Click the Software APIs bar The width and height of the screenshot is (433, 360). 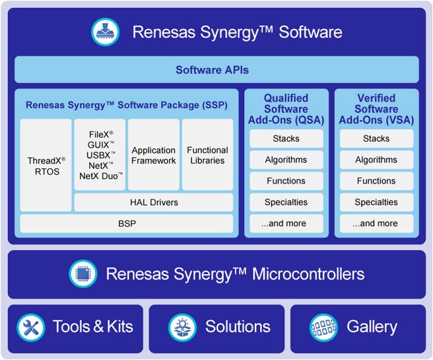click(x=216, y=69)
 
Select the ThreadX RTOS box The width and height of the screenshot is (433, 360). click(x=46, y=165)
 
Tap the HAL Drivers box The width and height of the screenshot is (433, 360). click(x=154, y=202)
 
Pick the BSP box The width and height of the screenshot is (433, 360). click(x=127, y=224)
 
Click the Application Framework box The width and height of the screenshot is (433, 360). click(x=154, y=154)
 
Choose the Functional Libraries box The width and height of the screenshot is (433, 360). click(x=207, y=154)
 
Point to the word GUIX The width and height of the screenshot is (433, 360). click(x=98, y=145)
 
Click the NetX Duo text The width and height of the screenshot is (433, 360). click(x=98, y=176)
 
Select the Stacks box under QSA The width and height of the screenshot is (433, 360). click(x=286, y=138)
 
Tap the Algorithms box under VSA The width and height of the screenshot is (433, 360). click(x=376, y=160)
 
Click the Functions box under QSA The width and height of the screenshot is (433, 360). click(x=286, y=181)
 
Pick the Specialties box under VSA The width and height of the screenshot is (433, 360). click(x=376, y=202)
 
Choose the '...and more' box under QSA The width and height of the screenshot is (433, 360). click(x=286, y=224)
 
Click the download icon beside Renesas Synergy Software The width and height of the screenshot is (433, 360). click(x=105, y=32)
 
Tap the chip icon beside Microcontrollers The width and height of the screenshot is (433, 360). click(x=83, y=274)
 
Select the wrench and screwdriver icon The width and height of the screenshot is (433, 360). click(x=30, y=328)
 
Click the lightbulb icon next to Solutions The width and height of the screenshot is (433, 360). click(x=183, y=328)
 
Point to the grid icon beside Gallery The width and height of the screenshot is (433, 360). click(x=323, y=328)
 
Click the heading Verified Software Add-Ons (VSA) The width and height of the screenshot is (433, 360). click(x=376, y=109)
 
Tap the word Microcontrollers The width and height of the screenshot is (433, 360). click(x=308, y=274)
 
